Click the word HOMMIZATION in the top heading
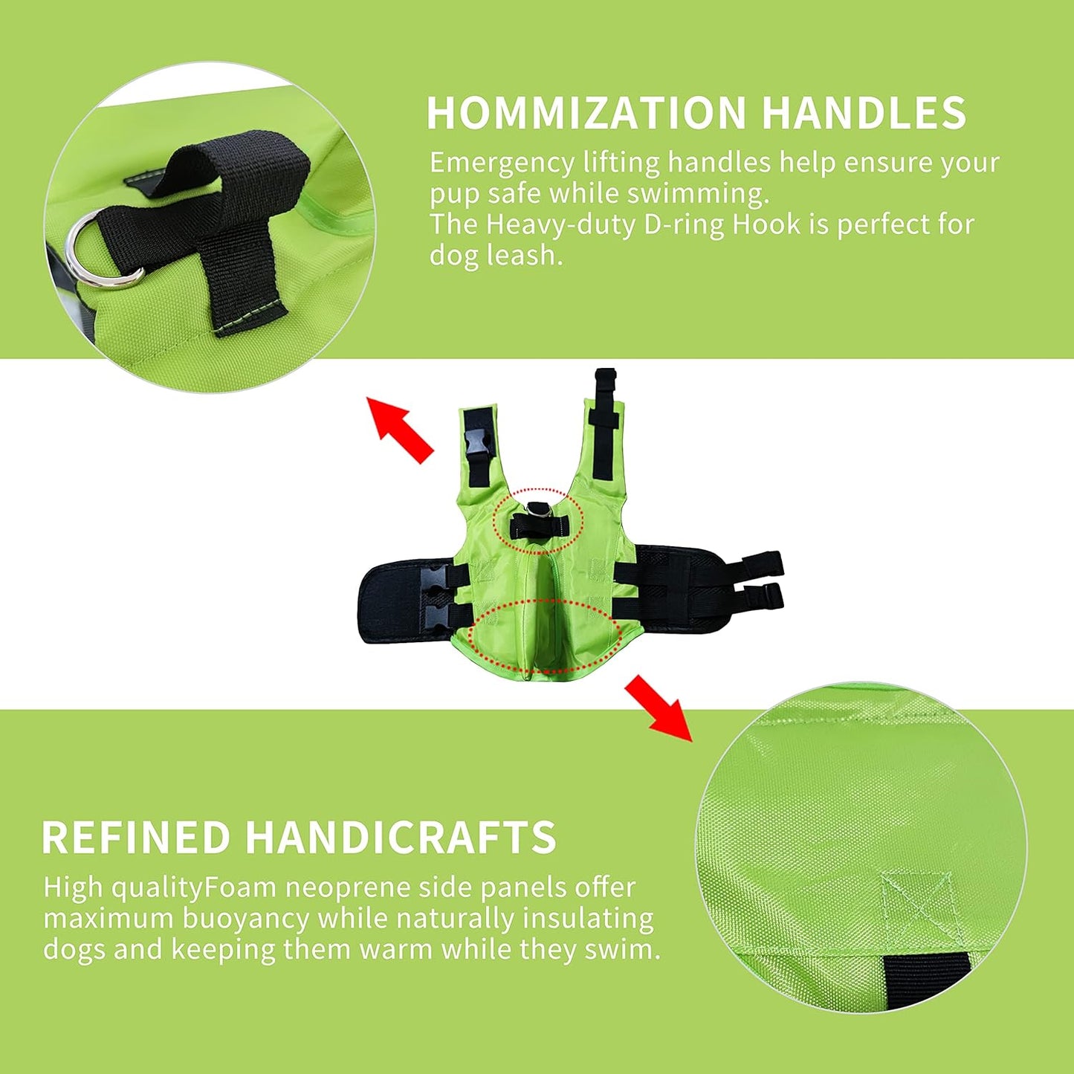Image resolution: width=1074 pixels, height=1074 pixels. pyautogui.click(x=586, y=113)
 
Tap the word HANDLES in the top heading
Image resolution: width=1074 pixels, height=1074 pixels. pyautogui.click(x=864, y=113)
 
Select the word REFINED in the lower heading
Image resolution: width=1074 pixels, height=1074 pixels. pyautogui.click(x=136, y=838)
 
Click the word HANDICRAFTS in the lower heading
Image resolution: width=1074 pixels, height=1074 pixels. pyautogui.click(x=401, y=838)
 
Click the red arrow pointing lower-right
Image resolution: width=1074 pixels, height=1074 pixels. pyautogui.click(x=658, y=708)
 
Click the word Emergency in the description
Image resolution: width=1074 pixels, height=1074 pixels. pyautogui.click(x=502, y=162)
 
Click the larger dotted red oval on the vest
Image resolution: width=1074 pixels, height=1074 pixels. pyautogui.click(x=545, y=636)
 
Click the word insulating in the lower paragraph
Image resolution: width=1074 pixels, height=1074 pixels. pyautogui.click(x=589, y=919)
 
